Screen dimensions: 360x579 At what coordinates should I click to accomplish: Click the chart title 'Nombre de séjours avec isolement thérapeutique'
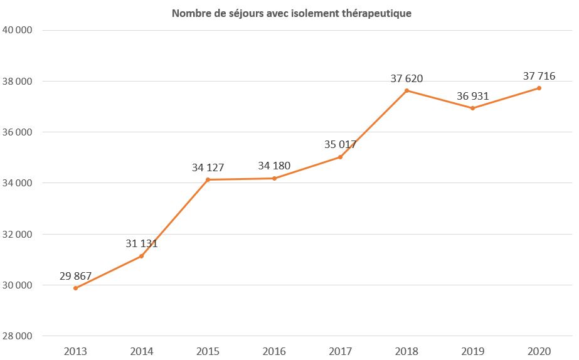click(292, 13)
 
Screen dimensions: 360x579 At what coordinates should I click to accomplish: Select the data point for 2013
click(75, 288)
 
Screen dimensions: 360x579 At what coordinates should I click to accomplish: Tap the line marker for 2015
click(208, 179)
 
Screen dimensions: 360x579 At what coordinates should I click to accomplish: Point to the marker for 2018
click(406, 90)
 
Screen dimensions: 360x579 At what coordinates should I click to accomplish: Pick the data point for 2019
click(472, 108)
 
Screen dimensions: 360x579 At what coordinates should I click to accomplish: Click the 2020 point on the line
click(539, 88)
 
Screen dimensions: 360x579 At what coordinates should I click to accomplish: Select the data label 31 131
click(141, 243)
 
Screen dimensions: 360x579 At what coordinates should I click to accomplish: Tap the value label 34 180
click(274, 166)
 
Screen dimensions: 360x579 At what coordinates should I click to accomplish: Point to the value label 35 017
click(340, 144)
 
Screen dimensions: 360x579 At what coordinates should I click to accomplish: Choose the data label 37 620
click(406, 78)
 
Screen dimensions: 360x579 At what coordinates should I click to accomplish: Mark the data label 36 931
click(472, 96)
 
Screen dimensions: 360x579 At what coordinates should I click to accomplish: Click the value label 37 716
click(539, 76)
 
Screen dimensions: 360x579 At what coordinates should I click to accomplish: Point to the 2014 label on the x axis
click(141, 351)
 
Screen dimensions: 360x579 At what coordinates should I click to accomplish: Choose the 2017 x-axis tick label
click(340, 351)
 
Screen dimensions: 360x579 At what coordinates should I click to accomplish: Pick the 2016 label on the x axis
click(274, 351)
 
